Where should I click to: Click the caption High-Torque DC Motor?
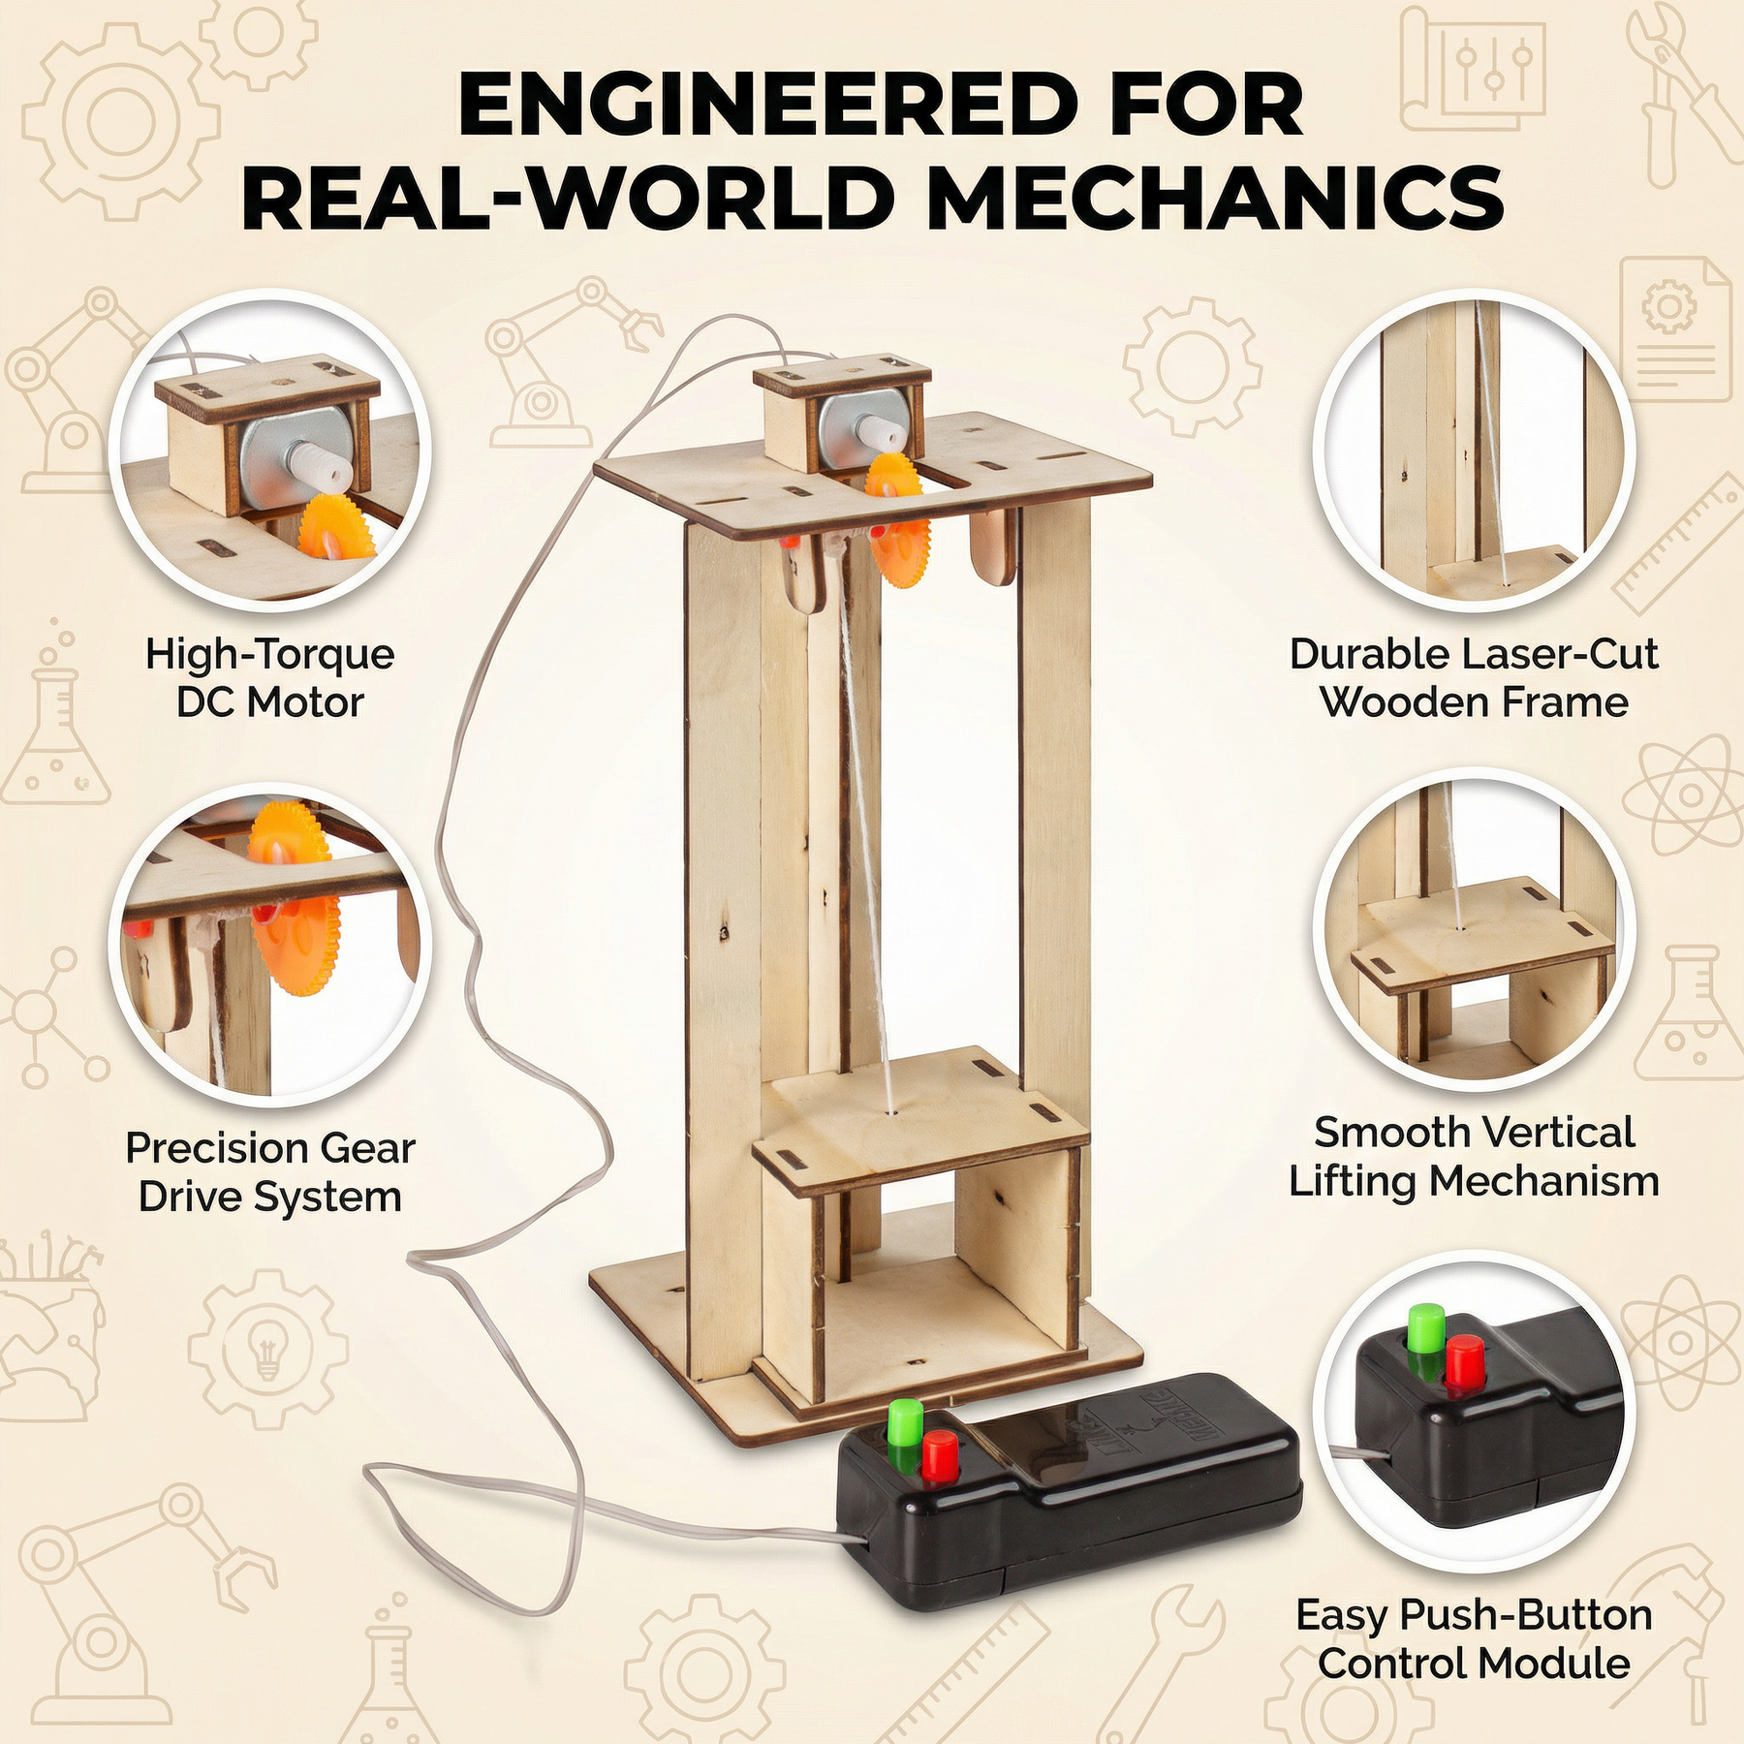pos(270,678)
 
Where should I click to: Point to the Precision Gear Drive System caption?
pos(270,1172)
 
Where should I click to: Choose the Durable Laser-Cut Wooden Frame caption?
pos(1474,678)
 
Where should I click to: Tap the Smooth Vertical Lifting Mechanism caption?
pos(1474,1157)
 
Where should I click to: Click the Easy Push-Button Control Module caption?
pos(1474,1639)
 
